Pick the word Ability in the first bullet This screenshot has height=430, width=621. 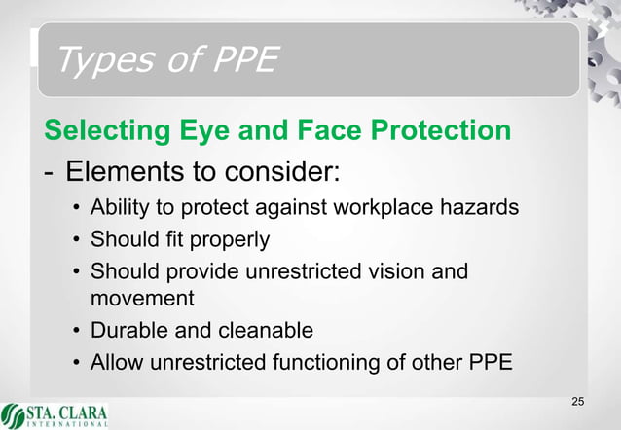click(x=118, y=208)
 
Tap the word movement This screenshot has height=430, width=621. click(x=142, y=298)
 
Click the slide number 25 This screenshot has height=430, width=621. click(x=578, y=403)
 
